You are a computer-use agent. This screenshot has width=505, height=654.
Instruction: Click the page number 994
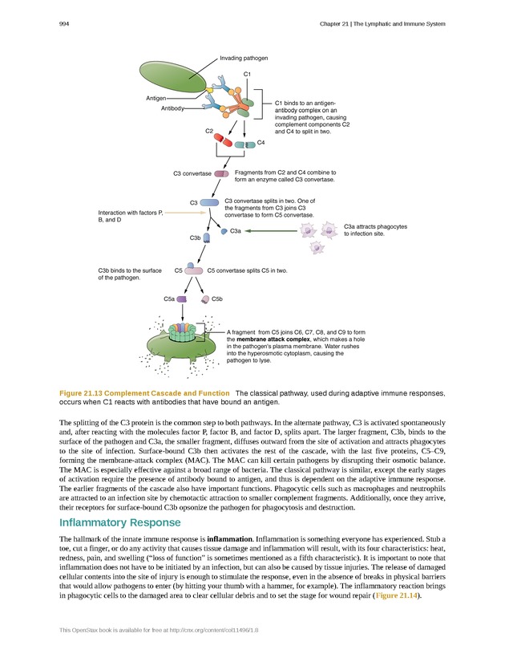pos(65,23)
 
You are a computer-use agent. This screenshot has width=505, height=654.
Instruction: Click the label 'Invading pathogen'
pos(244,58)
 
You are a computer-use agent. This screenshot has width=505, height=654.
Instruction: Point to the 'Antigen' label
pos(156,98)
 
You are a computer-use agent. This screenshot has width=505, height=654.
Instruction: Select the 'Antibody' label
pos(173,108)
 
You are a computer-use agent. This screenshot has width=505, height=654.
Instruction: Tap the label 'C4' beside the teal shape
pos(261,143)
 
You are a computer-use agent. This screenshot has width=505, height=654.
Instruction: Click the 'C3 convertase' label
pos(192,173)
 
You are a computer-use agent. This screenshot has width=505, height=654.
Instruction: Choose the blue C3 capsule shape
pos(209,202)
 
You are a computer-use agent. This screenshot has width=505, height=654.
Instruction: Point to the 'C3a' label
pos(236,231)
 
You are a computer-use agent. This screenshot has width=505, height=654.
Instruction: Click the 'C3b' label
pos(195,238)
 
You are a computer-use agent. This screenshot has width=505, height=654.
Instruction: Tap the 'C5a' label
pos(169,299)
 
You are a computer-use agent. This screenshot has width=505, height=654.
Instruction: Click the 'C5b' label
pos(216,299)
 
